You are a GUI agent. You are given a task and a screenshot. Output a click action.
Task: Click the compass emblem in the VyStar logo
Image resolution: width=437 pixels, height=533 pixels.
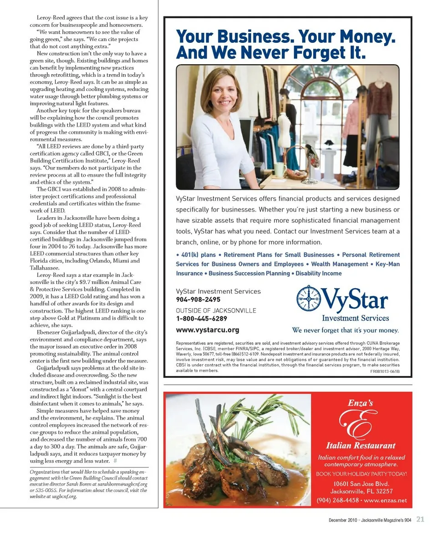click(x=309, y=299)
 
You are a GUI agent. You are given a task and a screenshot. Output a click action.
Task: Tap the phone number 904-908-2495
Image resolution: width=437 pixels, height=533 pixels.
click(x=198, y=299)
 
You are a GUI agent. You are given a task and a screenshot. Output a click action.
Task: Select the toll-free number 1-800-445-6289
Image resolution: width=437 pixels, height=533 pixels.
click(x=201, y=319)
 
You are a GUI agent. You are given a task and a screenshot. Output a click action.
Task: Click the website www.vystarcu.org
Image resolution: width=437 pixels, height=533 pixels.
click(x=207, y=330)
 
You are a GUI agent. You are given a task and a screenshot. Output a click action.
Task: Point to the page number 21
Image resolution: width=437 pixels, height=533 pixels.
click(x=420, y=519)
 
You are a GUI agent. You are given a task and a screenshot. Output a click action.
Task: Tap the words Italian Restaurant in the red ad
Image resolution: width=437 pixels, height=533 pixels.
click(x=361, y=446)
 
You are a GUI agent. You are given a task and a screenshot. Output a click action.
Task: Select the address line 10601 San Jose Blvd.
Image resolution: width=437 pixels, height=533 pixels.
click(x=361, y=483)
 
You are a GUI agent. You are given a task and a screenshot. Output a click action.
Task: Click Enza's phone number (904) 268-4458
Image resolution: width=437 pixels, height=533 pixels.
click(x=337, y=500)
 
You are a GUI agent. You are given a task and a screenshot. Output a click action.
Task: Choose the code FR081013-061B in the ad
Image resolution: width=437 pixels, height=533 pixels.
click(x=385, y=371)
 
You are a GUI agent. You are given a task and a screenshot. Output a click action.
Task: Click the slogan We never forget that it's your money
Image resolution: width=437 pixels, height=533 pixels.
click(x=346, y=330)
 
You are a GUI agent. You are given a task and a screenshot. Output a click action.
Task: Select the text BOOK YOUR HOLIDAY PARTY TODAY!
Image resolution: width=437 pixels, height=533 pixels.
click(x=361, y=474)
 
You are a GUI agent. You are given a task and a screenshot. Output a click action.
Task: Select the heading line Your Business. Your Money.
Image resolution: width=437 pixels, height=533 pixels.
click(x=285, y=36)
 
